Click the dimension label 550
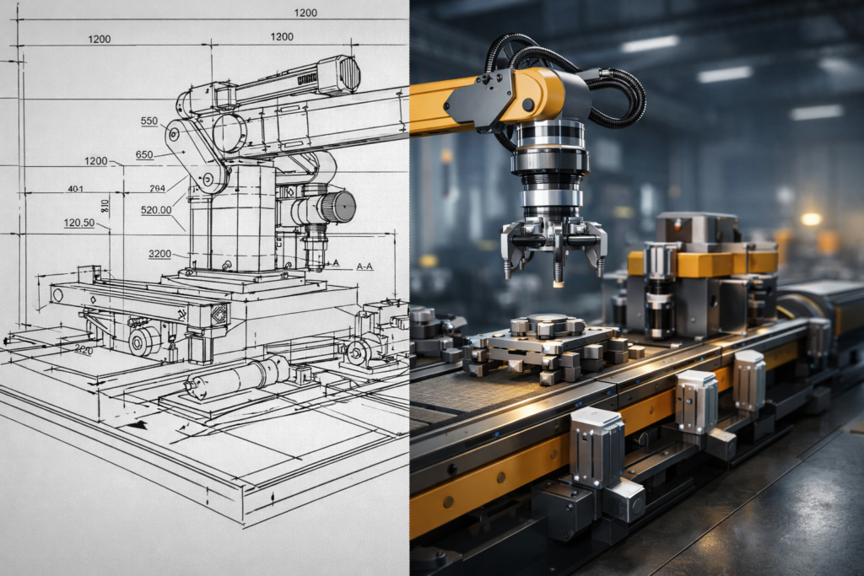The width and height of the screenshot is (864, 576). tap(149, 121)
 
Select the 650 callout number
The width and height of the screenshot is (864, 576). tap(144, 154)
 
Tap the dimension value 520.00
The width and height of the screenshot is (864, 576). tap(156, 210)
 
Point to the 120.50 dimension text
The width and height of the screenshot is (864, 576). tap(78, 223)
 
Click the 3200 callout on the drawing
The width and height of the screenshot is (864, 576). tap(159, 253)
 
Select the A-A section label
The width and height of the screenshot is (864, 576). tap(365, 266)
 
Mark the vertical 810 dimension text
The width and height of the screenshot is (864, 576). tap(105, 205)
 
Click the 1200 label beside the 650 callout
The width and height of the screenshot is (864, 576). tap(96, 161)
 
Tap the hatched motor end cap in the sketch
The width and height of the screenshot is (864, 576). tap(341, 207)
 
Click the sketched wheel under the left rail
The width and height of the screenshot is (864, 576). tap(143, 341)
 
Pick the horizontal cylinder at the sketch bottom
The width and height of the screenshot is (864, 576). tap(236, 376)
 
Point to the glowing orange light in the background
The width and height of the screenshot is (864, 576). tap(811, 218)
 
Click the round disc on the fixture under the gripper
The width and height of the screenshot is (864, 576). tap(549, 320)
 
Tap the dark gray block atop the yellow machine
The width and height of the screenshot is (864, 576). tap(696, 228)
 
